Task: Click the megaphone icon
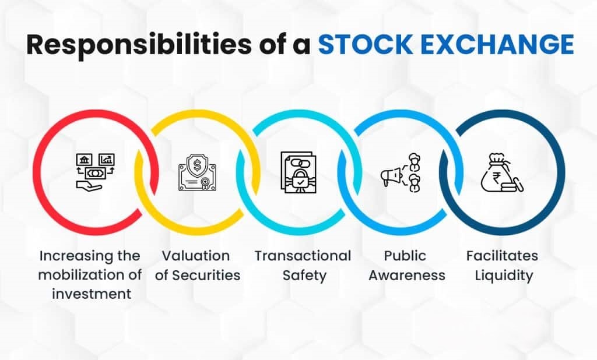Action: (x=390, y=175)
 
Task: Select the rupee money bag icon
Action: (x=500, y=173)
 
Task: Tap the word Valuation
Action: (x=196, y=256)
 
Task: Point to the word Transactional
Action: (x=303, y=256)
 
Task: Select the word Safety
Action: (x=303, y=274)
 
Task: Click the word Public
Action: (x=406, y=256)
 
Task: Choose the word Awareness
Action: (x=406, y=274)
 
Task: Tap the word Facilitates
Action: (x=502, y=256)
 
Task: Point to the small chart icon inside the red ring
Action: (x=107, y=158)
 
